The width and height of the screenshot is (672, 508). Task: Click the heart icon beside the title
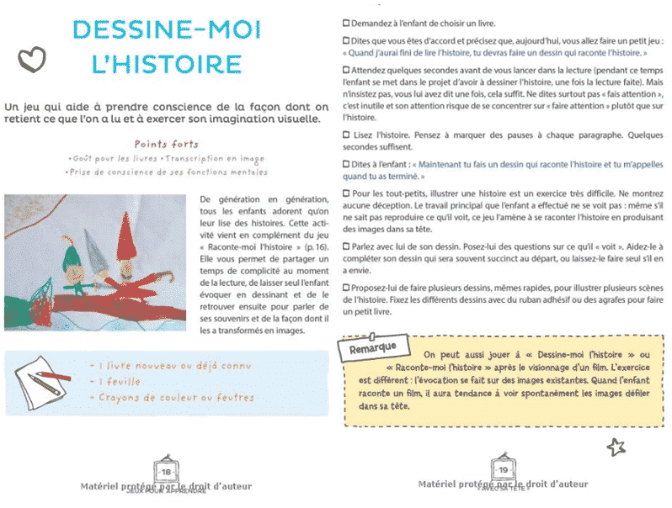point(31,59)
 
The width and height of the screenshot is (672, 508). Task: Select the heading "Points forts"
point(167,144)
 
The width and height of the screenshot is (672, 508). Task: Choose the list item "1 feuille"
point(115,382)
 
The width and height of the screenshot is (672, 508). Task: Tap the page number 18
point(167,472)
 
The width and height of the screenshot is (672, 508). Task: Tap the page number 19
point(504,470)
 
